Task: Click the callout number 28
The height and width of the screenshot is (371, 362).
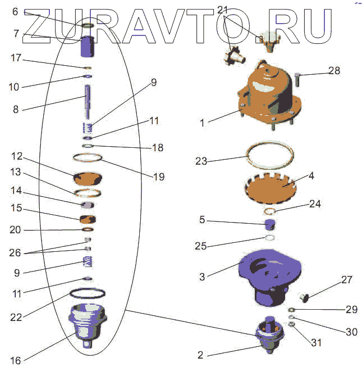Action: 334,71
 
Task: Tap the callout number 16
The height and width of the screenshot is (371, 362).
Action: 15,360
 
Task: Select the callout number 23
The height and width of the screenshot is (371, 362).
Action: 201,161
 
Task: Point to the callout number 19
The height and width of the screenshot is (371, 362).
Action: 158,177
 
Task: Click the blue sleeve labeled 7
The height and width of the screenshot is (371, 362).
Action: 87,47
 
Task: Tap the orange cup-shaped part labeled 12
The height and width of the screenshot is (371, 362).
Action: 88,179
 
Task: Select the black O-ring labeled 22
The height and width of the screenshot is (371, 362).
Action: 88,293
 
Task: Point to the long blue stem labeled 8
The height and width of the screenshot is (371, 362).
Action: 88,98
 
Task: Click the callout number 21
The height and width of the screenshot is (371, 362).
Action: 223,10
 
